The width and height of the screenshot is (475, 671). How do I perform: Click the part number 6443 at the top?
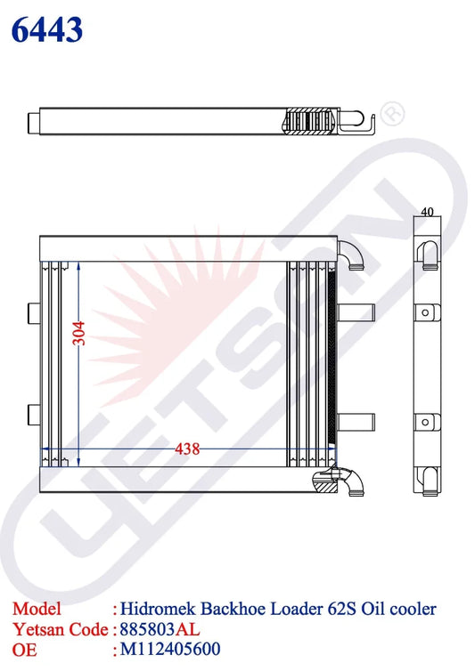point(47,29)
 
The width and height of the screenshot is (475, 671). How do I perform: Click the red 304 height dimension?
point(79,334)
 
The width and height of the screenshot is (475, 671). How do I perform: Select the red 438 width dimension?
point(187,449)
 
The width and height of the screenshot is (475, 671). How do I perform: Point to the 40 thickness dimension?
point(427,212)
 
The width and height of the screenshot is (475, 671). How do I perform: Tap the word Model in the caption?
point(37,609)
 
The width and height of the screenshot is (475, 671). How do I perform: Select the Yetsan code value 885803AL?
point(160,629)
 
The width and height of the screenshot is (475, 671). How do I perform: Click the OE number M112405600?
point(170,649)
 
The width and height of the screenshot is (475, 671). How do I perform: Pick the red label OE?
point(25,650)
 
